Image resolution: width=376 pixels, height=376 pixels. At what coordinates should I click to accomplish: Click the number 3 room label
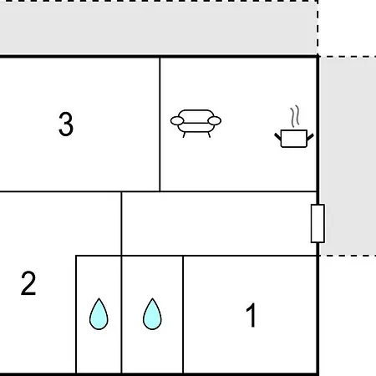pyautogui.click(x=66, y=124)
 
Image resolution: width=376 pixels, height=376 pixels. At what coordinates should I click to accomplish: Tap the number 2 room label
pyautogui.click(x=28, y=283)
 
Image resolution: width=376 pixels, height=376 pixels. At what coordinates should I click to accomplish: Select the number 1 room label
pyautogui.click(x=252, y=315)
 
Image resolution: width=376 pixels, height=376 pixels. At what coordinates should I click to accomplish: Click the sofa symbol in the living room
pyautogui.click(x=196, y=123)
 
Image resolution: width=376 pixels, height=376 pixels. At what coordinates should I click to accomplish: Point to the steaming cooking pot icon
pyautogui.click(x=294, y=127)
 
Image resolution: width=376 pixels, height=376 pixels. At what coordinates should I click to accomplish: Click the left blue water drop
pyautogui.click(x=99, y=314)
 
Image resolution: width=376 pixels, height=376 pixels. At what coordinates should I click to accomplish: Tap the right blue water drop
pyautogui.click(x=152, y=314)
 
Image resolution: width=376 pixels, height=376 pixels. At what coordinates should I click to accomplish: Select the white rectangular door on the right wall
pyautogui.click(x=318, y=224)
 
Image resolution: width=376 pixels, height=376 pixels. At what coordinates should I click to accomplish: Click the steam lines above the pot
pyautogui.click(x=295, y=116)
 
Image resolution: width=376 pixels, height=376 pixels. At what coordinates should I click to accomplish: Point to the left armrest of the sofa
pyautogui.click(x=177, y=121)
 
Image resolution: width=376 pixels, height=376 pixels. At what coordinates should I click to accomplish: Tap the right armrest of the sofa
pyautogui.click(x=215, y=121)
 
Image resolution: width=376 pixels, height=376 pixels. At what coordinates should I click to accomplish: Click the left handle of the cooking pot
pyautogui.click(x=278, y=137)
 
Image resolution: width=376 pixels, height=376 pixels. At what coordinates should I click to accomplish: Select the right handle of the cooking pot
pyautogui.click(x=310, y=137)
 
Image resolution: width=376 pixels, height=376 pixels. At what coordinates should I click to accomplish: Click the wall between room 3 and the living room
pyautogui.click(x=160, y=124)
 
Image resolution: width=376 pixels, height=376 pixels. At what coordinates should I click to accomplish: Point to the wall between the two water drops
pyautogui.click(x=121, y=314)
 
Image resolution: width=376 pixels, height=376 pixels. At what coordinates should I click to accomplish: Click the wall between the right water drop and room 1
pyautogui.click(x=183, y=314)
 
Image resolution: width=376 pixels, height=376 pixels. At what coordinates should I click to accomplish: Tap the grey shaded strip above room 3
pyautogui.click(x=158, y=28)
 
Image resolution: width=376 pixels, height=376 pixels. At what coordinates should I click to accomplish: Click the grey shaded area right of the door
pyautogui.click(x=348, y=156)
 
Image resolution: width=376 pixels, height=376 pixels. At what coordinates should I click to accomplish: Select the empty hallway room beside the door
pyautogui.click(x=219, y=223)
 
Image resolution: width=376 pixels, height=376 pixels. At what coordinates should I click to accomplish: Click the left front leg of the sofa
pyautogui.click(x=184, y=135)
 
